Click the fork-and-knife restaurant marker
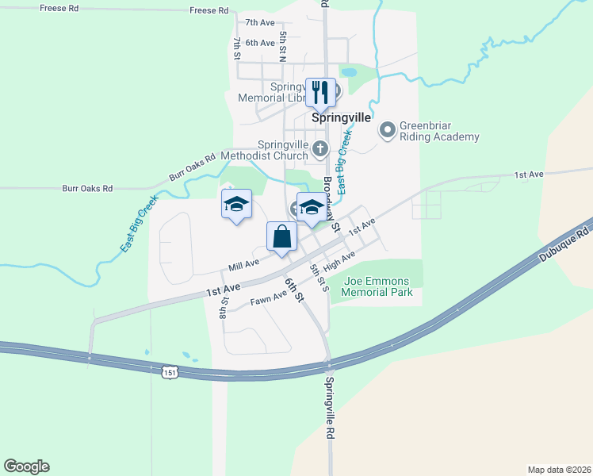(x=320, y=91)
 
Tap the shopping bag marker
(x=281, y=236)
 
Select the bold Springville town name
(x=341, y=117)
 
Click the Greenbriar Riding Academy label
(x=439, y=131)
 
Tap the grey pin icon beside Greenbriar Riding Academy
(x=388, y=129)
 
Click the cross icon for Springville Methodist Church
(x=319, y=147)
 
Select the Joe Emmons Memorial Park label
(x=377, y=286)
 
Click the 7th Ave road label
(x=259, y=22)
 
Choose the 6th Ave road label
(x=259, y=42)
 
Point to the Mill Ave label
(x=243, y=263)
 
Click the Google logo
(x=26, y=466)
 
